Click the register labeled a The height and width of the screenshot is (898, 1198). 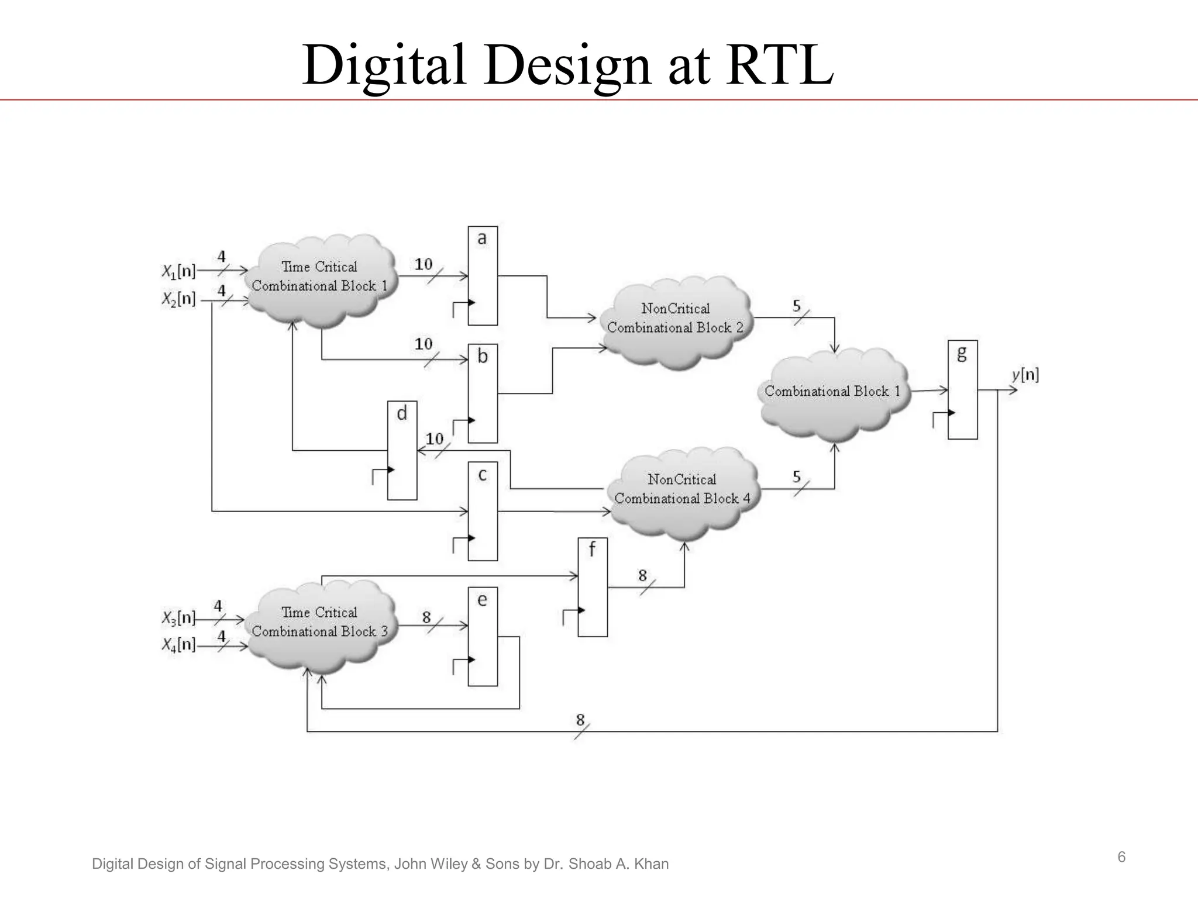pyautogui.click(x=483, y=276)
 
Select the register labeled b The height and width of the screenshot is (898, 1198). pyautogui.click(x=483, y=393)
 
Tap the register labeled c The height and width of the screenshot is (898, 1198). pyautogui.click(x=483, y=512)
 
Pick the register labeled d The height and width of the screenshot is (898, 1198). pyautogui.click(x=402, y=450)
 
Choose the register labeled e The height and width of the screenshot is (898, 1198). pyautogui.click(x=483, y=637)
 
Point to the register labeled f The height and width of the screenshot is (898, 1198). pyautogui.click(x=593, y=587)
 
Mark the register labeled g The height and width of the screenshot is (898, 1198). pyautogui.click(x=962, y=389)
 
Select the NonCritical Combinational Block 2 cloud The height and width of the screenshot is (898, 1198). pyautogui.click(x=676, y=319)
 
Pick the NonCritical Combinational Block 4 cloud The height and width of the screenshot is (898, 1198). pyautogui.click(x=683, y=490)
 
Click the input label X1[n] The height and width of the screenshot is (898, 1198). pyautogui.click(x=178, y=271)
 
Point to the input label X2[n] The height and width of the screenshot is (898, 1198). pyautogui.click(x=178, y=299)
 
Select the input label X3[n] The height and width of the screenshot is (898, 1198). pyautogui.click(x=178, y=617)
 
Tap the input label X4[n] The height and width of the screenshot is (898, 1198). pyautogui.click(x=178, y=645)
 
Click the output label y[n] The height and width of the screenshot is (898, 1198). pyautogui.click(x=1025, y=375)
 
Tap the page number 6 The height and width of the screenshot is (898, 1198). pyautogui.click(x=1121, y=857)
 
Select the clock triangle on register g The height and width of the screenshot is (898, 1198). pyautogui.click(x=952, y=413)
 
